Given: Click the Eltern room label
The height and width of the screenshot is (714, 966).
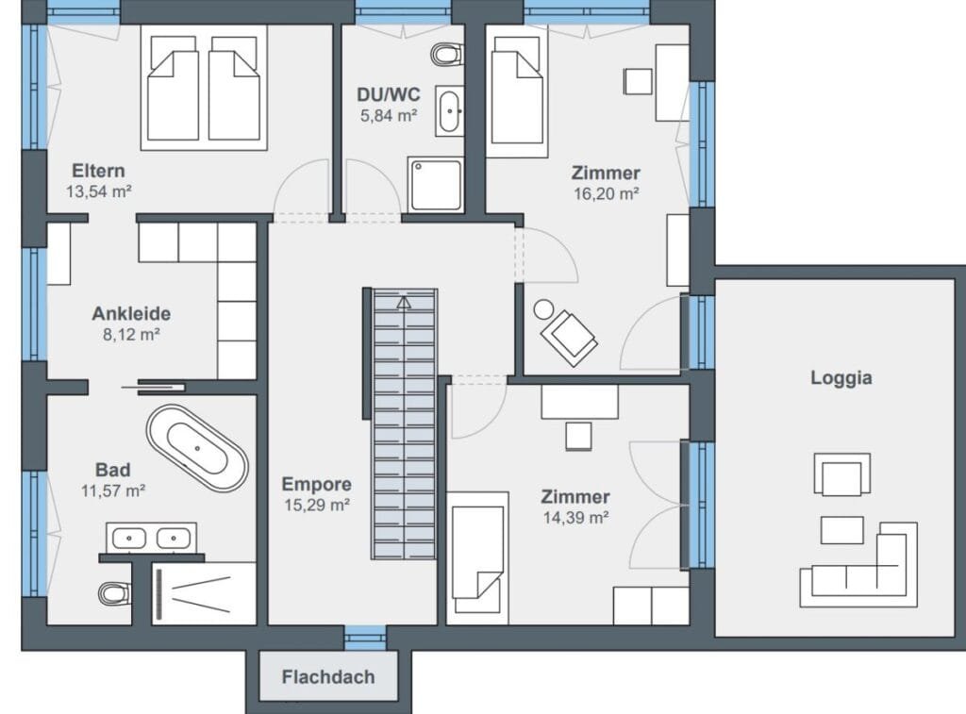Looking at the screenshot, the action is pyautogui.click(x=98, y=171).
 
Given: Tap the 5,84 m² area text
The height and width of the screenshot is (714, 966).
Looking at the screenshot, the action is pyautogui.click(x=389, y=116).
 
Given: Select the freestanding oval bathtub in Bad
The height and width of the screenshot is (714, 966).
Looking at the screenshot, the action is pyautogui.click(x=197, y=448).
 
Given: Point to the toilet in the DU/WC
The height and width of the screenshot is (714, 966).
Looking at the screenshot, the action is pyautogui.click(x=447, y=54).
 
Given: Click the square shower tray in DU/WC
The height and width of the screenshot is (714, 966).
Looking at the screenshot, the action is pyautogui.click(x=436, y=184).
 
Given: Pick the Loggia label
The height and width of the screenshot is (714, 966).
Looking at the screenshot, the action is pyautogui.click(x=841, y=377).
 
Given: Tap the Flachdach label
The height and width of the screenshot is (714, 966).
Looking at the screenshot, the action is pyautogui.click(x=328, y=677).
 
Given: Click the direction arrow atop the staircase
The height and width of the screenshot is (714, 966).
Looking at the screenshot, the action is pyautogui.click(x=404, y=303).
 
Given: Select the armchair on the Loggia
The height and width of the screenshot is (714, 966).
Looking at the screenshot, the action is pyautogui.click(x=842, y=473).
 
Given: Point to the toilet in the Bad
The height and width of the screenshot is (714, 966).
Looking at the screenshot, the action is pyautogui.click(x=114, y=593).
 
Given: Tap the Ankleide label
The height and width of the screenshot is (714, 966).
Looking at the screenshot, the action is pyautogui.click(x=131, y=313).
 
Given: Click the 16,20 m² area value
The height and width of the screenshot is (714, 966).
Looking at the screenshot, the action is pyautogui.click(x=607, y=194).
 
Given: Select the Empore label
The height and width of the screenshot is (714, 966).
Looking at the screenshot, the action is pyautogui.click(x=317, y=484).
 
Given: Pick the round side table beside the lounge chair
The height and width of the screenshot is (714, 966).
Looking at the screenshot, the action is pyautogui.click(x=543, y=309).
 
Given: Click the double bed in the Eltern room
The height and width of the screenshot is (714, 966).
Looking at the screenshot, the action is pyautogui.click(x=204, y=88).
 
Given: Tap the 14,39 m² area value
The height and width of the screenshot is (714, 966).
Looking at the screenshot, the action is pyautogui.click(x=576, y=518).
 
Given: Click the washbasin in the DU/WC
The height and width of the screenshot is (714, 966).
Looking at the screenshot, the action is pyautogui.click(x=450, y=111).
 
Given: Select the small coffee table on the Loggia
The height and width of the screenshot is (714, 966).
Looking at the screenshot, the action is pyautogui.click(x=842, y=530).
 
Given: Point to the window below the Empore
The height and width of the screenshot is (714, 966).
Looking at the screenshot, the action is pyautogui.click(x=365, y=637).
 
